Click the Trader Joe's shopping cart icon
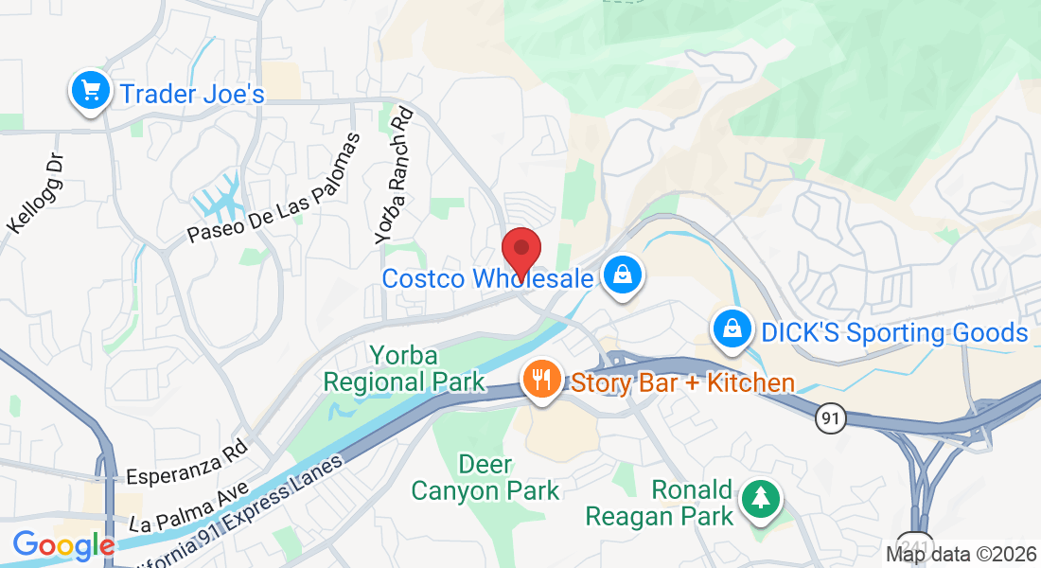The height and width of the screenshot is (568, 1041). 90,92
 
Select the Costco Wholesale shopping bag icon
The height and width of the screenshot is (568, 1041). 624,275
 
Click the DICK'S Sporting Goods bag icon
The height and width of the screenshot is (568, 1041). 732,330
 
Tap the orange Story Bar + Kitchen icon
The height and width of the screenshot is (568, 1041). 541,381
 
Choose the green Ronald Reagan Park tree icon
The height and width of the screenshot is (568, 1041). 759,498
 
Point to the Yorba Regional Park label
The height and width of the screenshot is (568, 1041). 404,369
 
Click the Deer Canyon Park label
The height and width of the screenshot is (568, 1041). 485,478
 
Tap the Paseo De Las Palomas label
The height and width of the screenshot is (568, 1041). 273,188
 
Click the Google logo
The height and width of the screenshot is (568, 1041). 63,545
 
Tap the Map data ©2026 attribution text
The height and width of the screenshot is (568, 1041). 960,554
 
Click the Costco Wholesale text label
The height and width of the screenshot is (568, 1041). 487,278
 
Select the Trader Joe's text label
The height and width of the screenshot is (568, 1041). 191,94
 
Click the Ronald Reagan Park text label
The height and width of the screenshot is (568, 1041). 660,503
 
